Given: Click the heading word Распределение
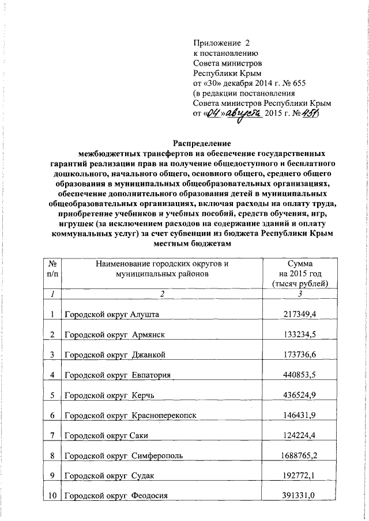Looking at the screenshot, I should [202, 143].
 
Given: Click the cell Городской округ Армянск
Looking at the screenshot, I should [115, 335].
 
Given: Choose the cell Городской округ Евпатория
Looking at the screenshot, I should [118, 375].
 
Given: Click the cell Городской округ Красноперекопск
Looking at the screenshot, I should [131, 416].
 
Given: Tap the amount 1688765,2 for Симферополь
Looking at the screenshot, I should [299, 456].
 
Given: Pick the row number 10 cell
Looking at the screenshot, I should [52, 496].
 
